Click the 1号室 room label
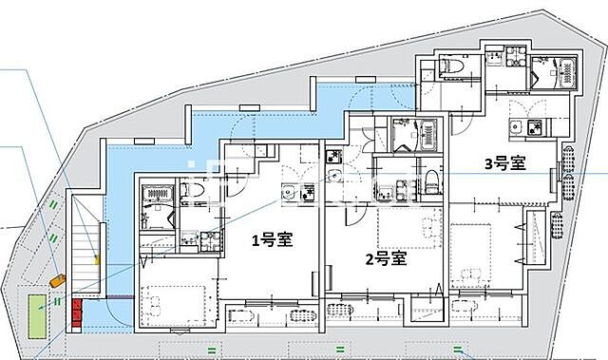click(271, 239)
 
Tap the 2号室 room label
click(387, 257)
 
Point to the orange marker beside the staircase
click(59, 280)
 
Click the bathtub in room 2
click(414, 136)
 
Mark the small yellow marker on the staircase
click(96, 257)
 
